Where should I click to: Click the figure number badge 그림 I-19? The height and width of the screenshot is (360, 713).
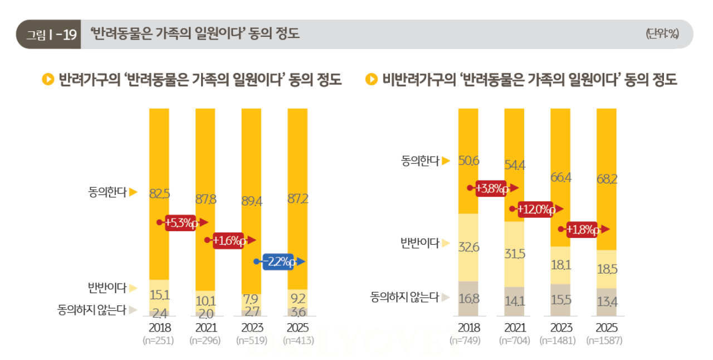(x=49, y=35)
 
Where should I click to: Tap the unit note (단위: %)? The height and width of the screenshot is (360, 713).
(x=662, y=34)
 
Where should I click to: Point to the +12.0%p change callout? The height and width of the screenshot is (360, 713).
(x=535, y=210)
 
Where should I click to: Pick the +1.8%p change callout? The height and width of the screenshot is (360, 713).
(x=583, y=230)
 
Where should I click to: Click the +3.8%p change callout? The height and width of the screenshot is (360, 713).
(x=493, y=189)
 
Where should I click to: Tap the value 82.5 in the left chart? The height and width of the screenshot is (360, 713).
(x=159, y=194)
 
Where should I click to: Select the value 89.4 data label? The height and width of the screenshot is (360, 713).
(x=251, y=201)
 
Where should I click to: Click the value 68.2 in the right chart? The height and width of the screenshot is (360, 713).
(x=606, y=179)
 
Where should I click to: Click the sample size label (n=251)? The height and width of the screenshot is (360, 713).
(x=159, y=340)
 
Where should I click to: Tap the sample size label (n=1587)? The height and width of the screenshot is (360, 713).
(x=606, y=340)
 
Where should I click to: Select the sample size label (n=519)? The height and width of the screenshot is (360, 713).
(x=251, y=340)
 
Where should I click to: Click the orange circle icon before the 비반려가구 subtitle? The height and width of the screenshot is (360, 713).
(x=371, y=80)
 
